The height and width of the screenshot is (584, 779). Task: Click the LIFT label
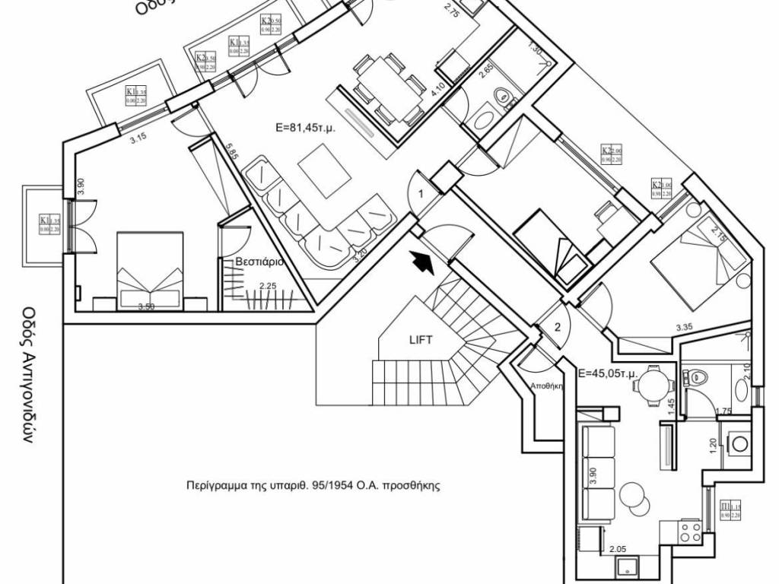(420, 340)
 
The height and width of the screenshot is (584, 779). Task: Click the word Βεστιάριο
(259, 261)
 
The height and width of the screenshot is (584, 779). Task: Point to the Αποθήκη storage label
(545, 386)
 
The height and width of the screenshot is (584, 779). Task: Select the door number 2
(557, 328)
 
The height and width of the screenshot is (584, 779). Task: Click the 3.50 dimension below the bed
(146, 307)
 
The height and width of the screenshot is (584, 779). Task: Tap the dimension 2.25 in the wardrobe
(268, 287)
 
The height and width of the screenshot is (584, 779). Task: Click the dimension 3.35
(685, 328)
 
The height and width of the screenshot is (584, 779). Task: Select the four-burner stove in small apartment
(690, 531)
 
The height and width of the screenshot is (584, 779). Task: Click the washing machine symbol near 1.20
(737, 443)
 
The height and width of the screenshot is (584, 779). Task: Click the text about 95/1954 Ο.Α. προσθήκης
(313, 484)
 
